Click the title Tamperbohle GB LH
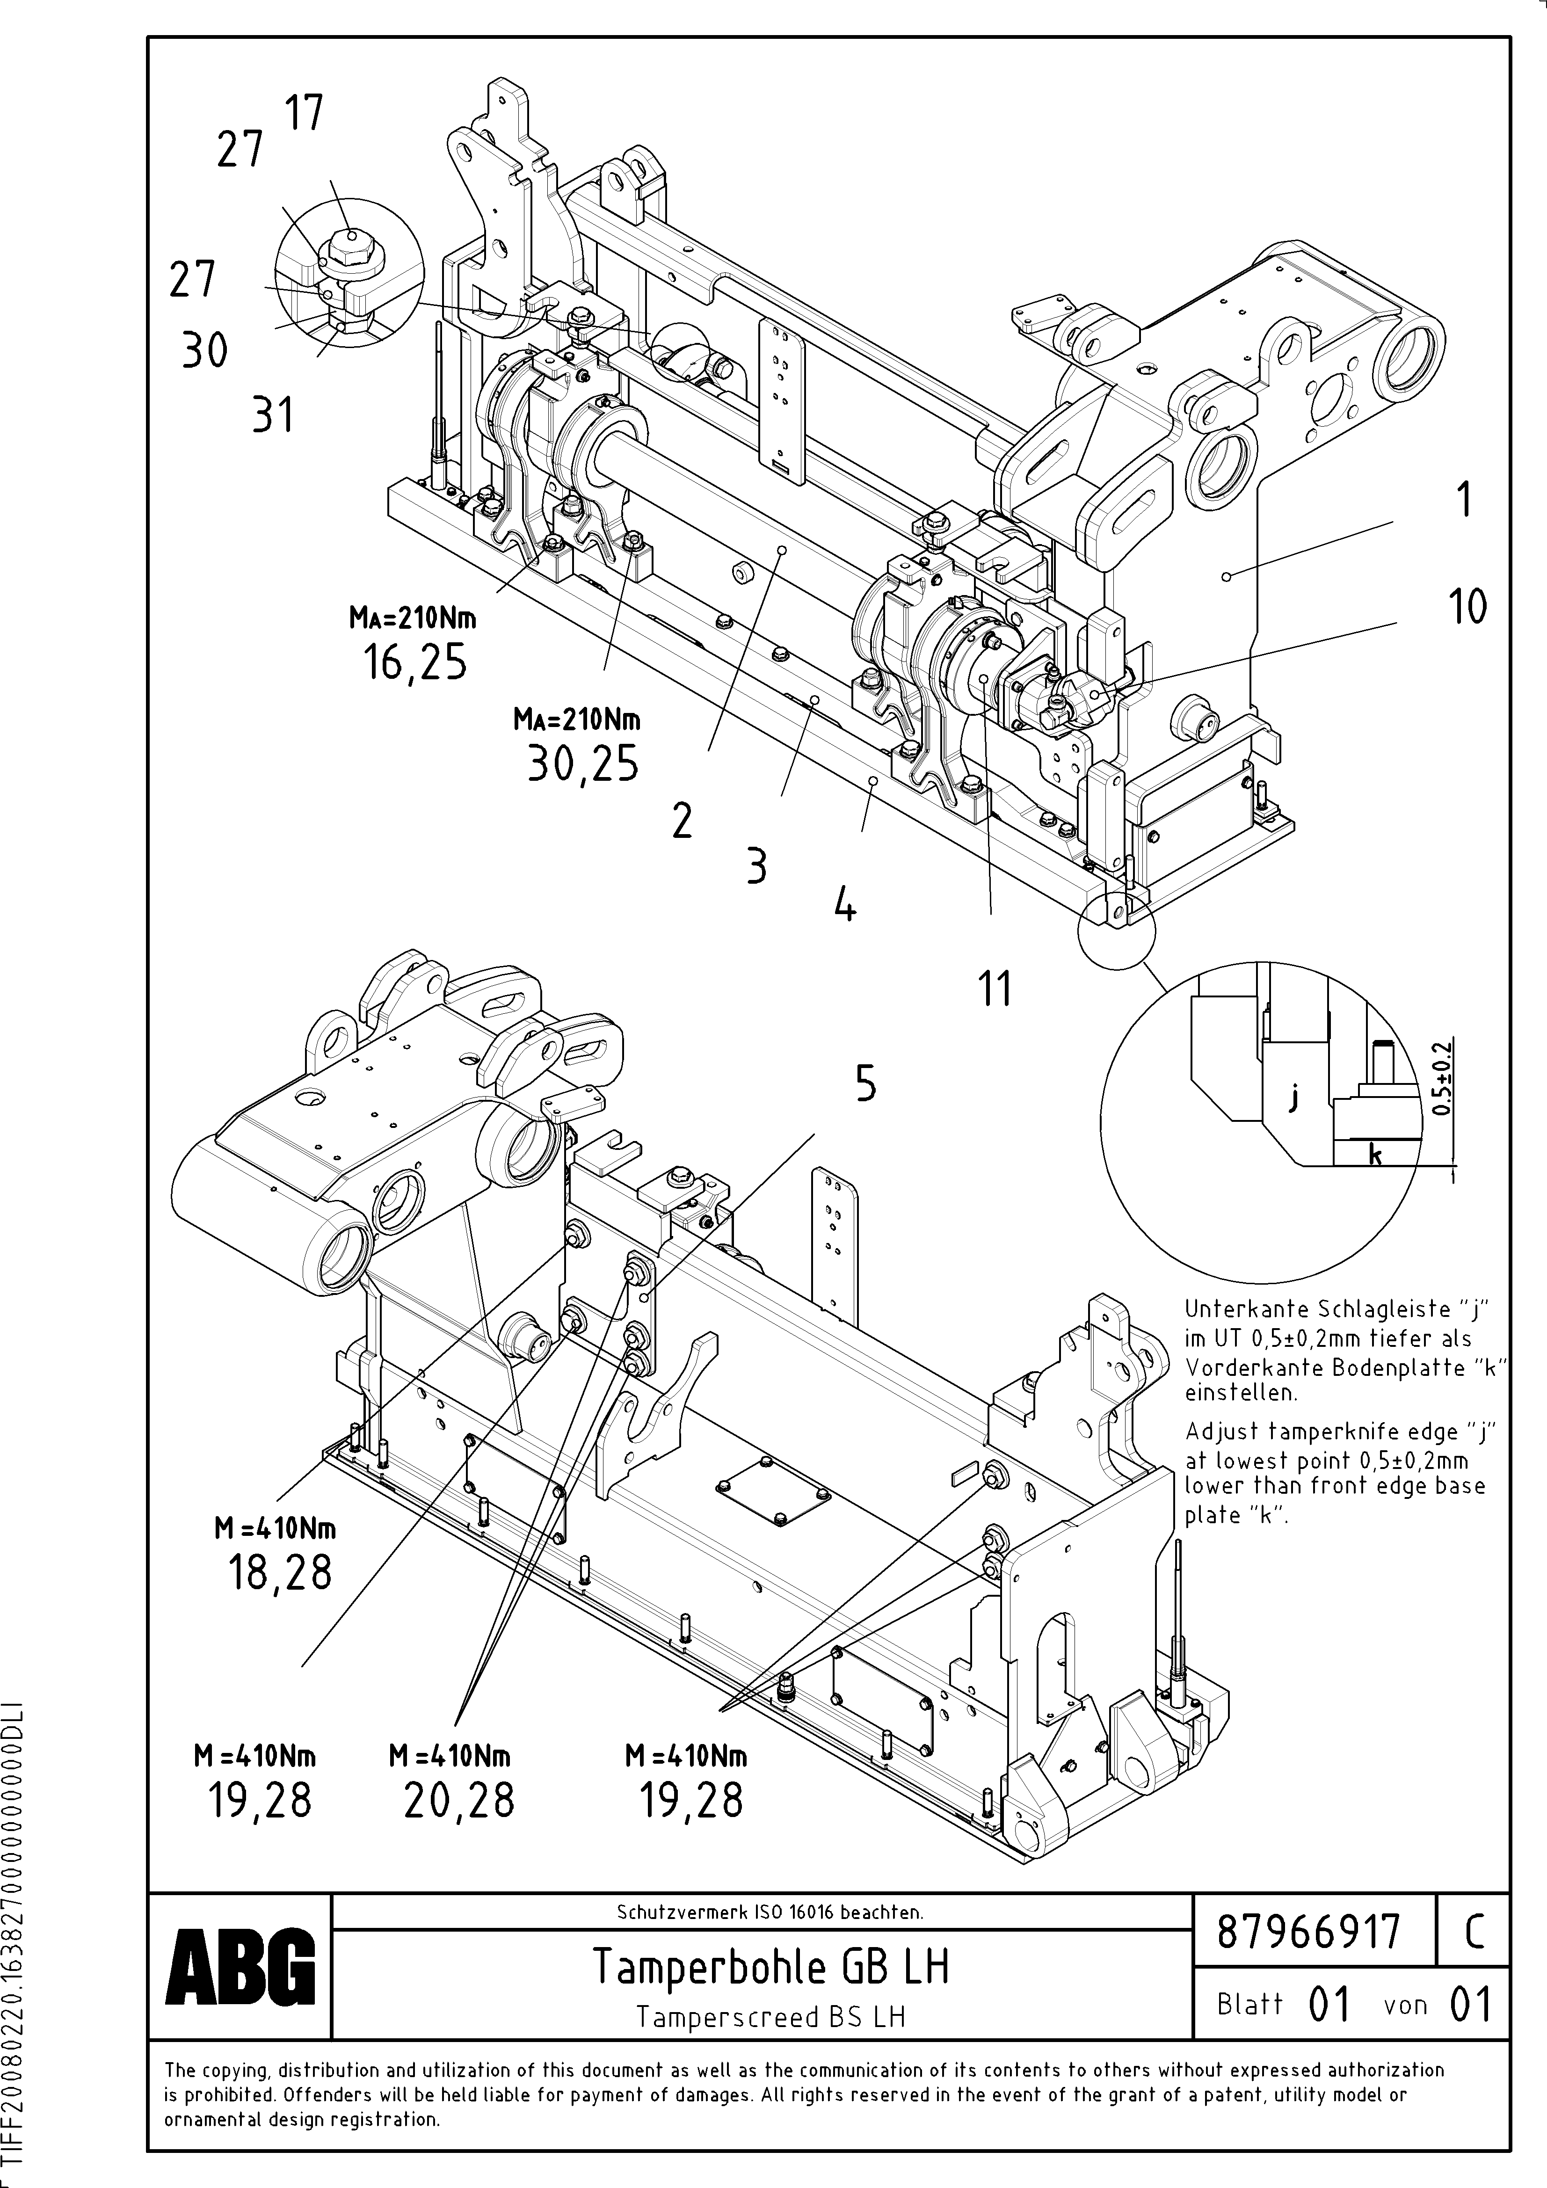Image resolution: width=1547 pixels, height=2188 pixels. [x=770, y=1966]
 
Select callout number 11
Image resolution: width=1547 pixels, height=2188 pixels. [x=994, y=989]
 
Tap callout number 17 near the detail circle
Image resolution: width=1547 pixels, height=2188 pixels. [x=304, y=112]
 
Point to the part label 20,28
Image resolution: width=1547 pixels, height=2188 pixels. [x=458, y=1799]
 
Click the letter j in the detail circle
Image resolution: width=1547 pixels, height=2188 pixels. [x=1293, y=1100]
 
